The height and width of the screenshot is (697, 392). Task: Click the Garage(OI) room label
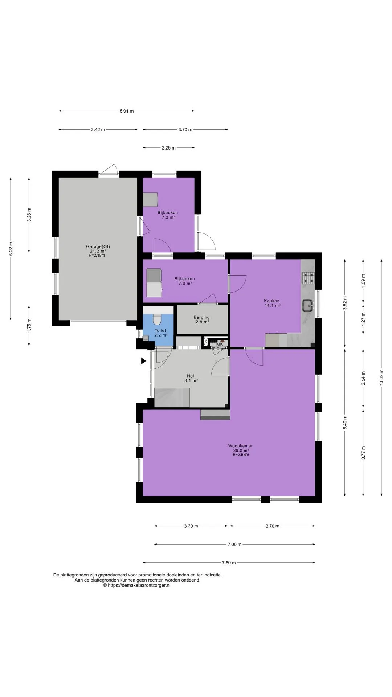coord(98,247)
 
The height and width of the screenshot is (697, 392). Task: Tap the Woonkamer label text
coord(240,446)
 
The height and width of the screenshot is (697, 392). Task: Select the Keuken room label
coord(271,301)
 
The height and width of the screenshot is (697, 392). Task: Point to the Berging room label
coord(201,317)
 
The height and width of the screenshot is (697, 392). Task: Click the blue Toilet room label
coord(160,331)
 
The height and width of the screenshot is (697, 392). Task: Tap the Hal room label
coord(191,376)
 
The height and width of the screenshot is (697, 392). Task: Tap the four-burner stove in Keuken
coord(309,278)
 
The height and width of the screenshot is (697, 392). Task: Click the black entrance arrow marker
coord(143,361)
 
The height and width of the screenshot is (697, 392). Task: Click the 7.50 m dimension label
coord(229,563)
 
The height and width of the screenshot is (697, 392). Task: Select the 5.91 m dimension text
coord(127,111)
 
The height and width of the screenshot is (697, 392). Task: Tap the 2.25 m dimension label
coord(169,148)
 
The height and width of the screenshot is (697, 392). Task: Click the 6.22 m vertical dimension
coord(11,249)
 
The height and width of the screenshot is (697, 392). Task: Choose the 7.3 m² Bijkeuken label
coord(168,217)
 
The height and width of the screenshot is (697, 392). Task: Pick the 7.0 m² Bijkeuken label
coord(185,284)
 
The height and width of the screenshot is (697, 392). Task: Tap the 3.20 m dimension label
coord(191,526)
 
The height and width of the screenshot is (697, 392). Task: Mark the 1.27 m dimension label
coord(363,318)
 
